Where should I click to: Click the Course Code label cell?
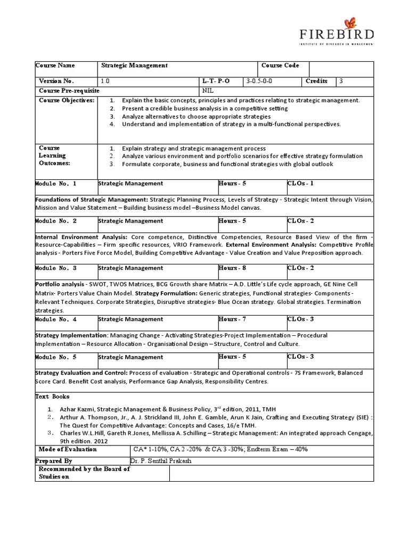point(280,66)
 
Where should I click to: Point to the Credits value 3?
point(341,81)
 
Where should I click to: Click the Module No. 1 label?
point(56,184)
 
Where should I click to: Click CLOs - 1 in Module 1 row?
point(300,184)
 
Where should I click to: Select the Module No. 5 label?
point(56,357)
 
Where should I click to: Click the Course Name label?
point(55,66)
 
